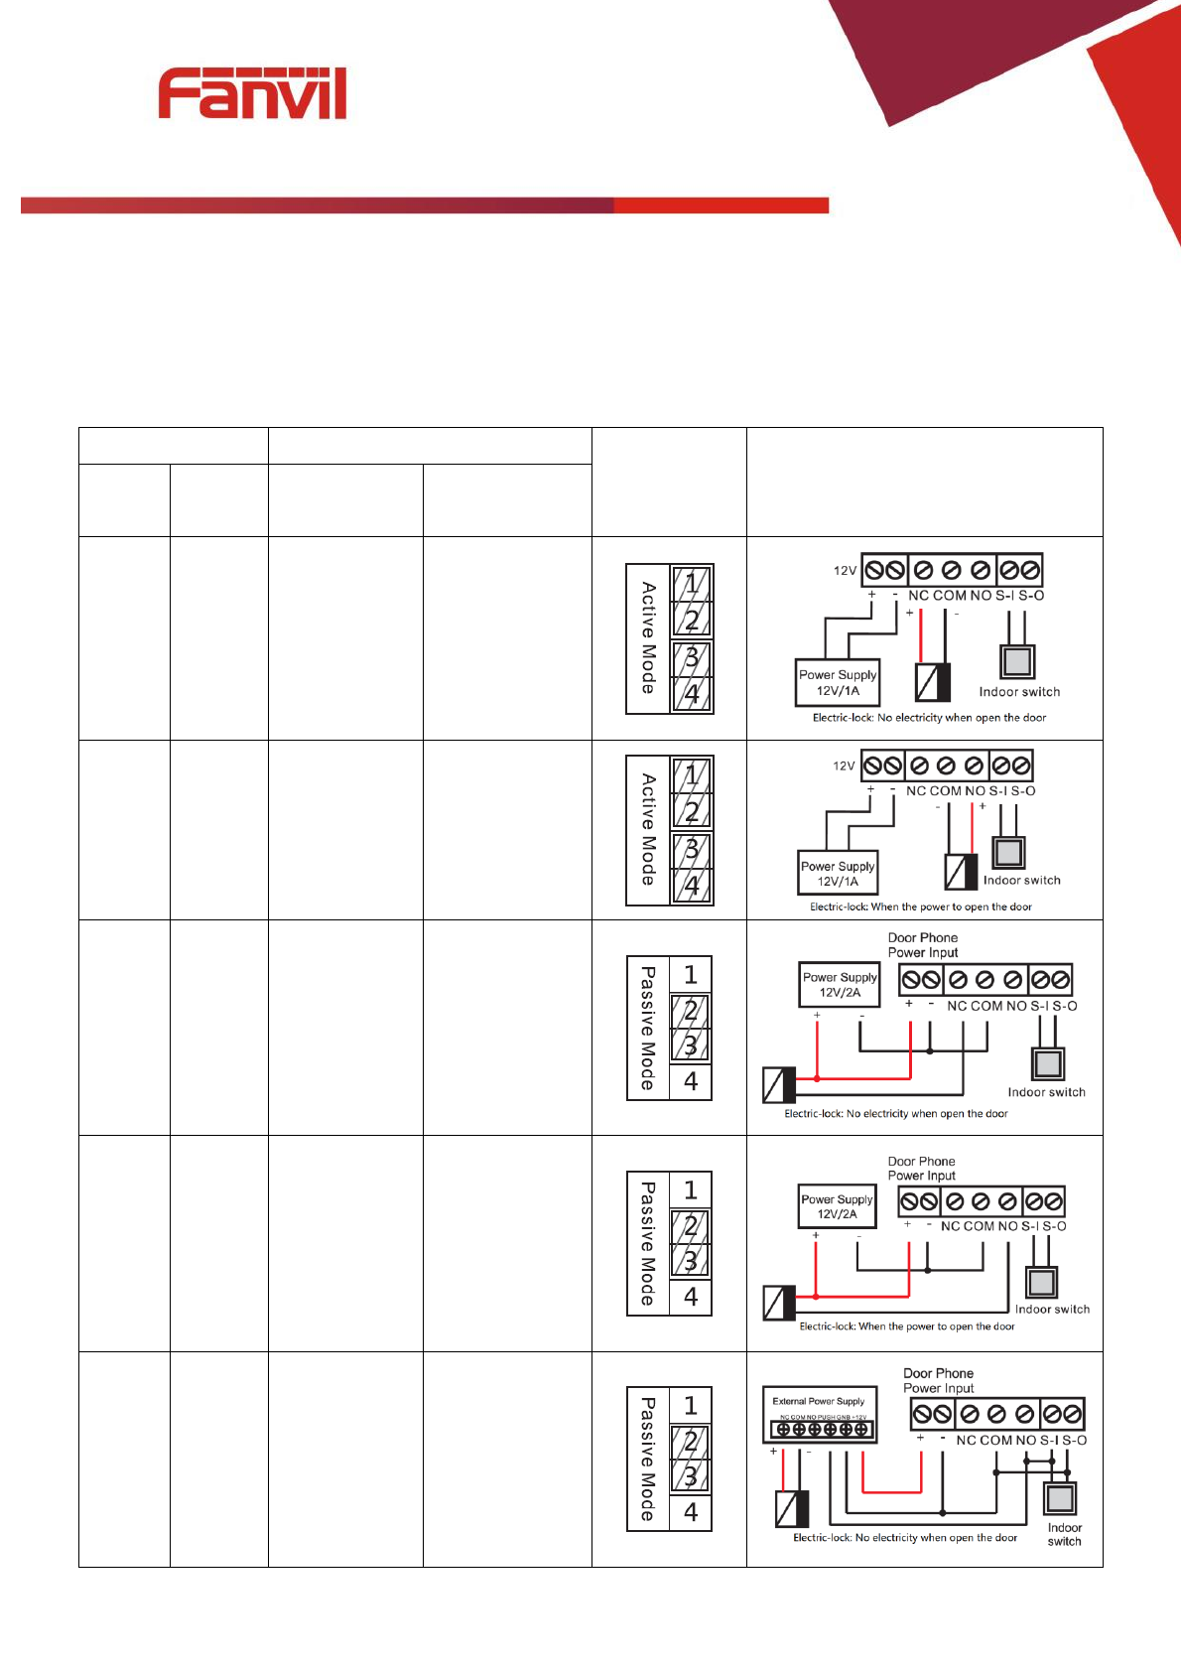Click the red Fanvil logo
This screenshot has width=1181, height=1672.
pos(252,94)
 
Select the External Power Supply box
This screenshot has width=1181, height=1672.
pos(819,1414)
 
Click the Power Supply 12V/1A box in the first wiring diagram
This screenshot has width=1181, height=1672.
pos(838,682)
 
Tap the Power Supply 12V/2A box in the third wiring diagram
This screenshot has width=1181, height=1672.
pos(840,984)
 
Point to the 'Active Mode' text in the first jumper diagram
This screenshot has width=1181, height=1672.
pos(648,637)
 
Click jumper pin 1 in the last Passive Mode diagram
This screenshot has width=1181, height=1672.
pos(691,1405)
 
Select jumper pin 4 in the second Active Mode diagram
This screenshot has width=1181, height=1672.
pos(692,885)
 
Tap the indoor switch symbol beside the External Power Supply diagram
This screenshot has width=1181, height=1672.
pos(1061,1498)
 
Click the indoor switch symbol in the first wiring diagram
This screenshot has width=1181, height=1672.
pos(1017,661)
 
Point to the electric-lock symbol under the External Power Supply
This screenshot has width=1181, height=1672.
pos(792,1509)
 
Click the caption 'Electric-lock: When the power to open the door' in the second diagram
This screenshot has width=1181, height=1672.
pos(921,906)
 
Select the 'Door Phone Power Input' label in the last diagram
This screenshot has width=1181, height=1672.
pos(938,1380)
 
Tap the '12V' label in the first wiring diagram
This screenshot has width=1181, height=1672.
pos(845,571)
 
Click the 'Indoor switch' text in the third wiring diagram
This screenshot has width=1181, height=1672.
pos(1046,1092)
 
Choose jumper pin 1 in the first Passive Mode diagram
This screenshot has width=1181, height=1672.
pos(691,974)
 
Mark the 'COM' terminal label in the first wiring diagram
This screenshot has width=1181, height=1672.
pos(950,596)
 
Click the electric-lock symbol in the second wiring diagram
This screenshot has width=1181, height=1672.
pos(961,871)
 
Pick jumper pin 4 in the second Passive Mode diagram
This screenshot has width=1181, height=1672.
pos(691,1297)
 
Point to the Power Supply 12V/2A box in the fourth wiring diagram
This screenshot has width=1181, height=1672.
pos(838,1206)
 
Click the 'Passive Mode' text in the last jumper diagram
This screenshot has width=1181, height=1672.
pos(648,1459)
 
